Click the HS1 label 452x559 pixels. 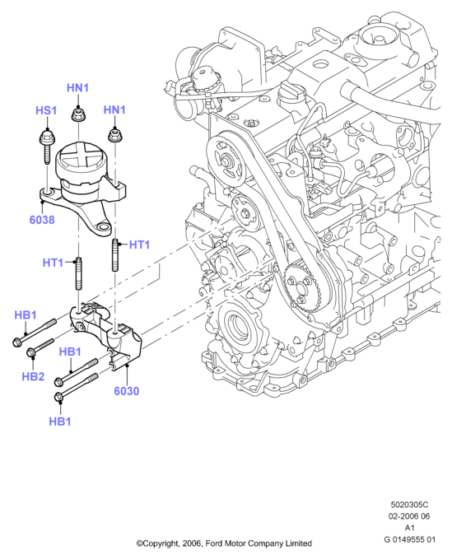46,110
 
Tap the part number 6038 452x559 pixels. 42,220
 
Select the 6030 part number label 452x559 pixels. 127,391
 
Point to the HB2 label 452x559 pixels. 33,376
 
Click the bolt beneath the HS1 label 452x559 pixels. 45,146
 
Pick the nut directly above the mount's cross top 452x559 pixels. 77,114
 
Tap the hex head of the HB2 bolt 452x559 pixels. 31,352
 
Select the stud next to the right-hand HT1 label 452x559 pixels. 115,255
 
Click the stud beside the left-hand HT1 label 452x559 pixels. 78,273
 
